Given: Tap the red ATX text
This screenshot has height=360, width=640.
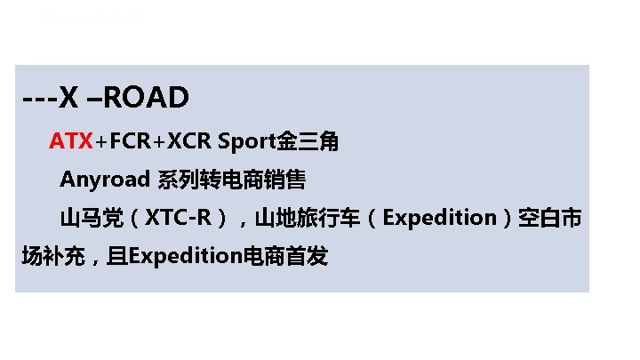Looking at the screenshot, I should tap(71, 141).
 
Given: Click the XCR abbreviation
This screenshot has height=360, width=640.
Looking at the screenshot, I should tap(189, 141).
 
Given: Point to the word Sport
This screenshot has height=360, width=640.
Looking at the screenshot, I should tap(247, 141).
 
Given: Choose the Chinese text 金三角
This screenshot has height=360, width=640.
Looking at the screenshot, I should tap(308, 141).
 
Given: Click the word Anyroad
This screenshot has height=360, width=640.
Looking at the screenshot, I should tap(105, 180).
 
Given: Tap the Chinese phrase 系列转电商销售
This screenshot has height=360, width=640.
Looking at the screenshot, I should tap(231, 180).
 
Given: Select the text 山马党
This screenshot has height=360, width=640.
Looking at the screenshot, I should tap(90, 218).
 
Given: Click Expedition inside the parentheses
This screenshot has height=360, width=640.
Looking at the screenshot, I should tap(440, 218).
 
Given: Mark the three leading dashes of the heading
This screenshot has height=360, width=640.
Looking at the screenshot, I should tap(40, 99).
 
